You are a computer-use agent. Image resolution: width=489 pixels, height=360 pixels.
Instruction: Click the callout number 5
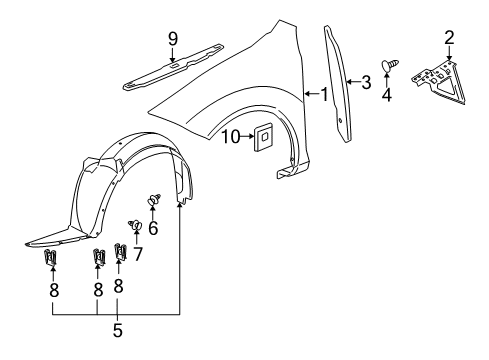tap(117, 356)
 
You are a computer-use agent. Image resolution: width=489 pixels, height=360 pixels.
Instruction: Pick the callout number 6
tap(153, 228)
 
